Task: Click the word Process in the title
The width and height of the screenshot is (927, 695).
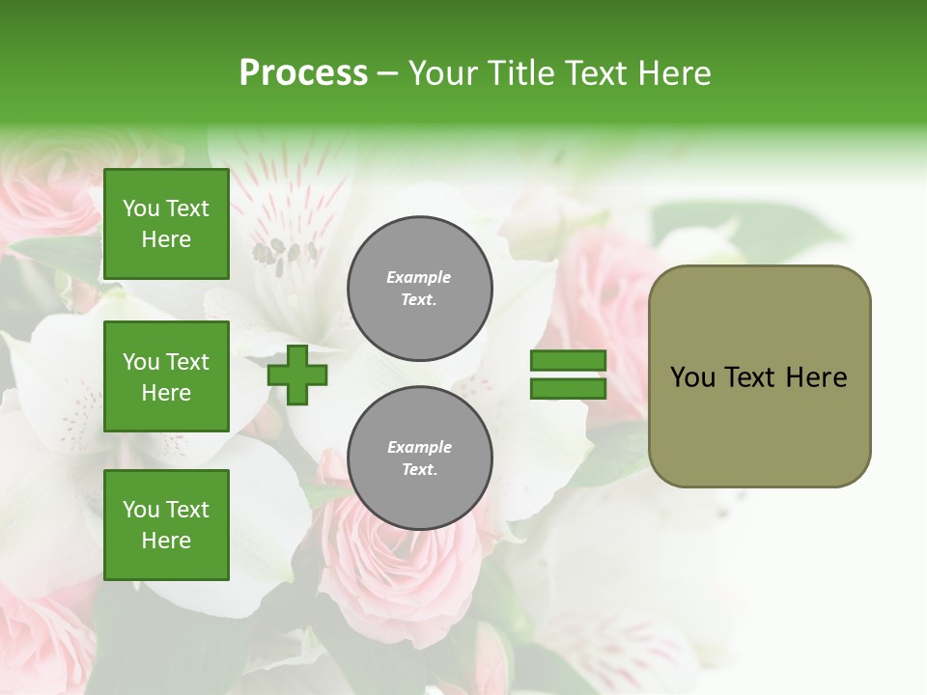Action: point(303,73)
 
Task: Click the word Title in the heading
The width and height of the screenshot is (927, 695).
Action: point(518,73)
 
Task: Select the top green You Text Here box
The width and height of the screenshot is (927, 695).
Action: point(166,224)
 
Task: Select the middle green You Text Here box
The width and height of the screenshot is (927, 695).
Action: point(166,376)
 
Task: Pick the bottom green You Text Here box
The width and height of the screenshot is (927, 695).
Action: point(166,525)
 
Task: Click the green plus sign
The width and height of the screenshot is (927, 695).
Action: point(296,375)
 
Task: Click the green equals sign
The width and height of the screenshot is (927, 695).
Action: point(568,375)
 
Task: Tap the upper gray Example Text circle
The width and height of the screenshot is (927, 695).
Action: point(420,289)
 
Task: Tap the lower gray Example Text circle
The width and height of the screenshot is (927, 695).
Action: point(420,458)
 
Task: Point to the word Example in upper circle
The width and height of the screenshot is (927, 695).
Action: point(419,278)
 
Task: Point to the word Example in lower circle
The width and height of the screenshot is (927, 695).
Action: point(419,448)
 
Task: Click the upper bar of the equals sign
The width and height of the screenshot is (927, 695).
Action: point(568,361)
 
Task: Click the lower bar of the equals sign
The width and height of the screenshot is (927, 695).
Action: point(568,389)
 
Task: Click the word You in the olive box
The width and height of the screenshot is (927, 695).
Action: point(692,377)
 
